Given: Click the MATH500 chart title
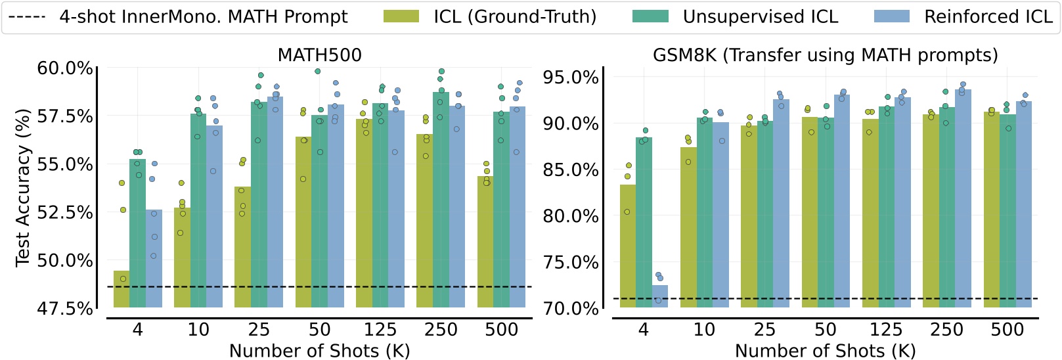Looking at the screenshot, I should (319, 55).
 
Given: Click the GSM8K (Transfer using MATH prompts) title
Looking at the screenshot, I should (825, 55).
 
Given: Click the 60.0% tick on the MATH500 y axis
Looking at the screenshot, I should (65, 68).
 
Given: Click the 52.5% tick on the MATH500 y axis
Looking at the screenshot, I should (65, 213).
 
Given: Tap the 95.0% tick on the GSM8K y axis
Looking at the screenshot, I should (570, 78).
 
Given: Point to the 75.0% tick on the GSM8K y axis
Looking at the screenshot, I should (570, 263).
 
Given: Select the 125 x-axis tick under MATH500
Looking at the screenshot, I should (380, 330).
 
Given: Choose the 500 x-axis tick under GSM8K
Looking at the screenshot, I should (1007, 330).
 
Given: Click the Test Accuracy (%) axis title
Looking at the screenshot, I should (24, 188).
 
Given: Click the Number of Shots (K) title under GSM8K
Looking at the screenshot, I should (825, 351).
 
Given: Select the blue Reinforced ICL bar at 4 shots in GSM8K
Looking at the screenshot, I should (659, 296).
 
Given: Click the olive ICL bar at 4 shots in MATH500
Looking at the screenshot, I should (122, 289).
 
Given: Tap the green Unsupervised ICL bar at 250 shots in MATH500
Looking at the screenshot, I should (441, 197).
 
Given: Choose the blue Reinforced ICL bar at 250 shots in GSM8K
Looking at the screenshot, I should (963, 197).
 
